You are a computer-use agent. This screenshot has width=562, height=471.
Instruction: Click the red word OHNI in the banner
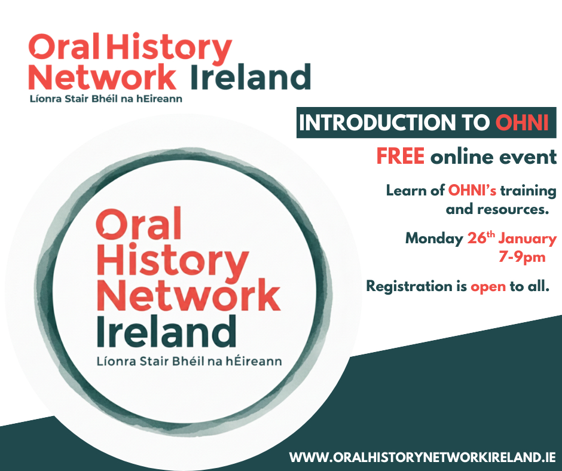(x=522, y=123)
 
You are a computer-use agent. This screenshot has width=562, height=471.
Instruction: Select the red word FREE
(x=401, y=156)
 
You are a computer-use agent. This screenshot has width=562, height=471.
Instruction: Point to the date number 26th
(x=481, y=238)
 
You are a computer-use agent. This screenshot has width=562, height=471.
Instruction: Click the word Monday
(x=435, y=238)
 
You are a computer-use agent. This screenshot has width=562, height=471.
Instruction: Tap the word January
(x=527, y=239)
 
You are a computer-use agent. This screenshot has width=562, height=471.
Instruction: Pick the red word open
(x=488, y=287)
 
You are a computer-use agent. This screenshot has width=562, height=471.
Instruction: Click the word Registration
(x=409, y=287)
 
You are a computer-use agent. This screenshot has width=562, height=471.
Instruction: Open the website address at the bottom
(x=423, y=457)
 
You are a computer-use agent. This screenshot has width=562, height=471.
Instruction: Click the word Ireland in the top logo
(x=250, y=77)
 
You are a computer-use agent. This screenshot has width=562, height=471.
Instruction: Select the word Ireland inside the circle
(x=166, y=332)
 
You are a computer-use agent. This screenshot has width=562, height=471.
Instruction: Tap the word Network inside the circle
(x=188, y=295)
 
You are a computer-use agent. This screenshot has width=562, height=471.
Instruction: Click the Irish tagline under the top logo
(x=106, y=99)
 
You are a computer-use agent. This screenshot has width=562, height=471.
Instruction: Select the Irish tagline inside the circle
(x=190, y=361)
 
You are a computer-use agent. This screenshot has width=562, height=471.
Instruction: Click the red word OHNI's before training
(x=472, y=191)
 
